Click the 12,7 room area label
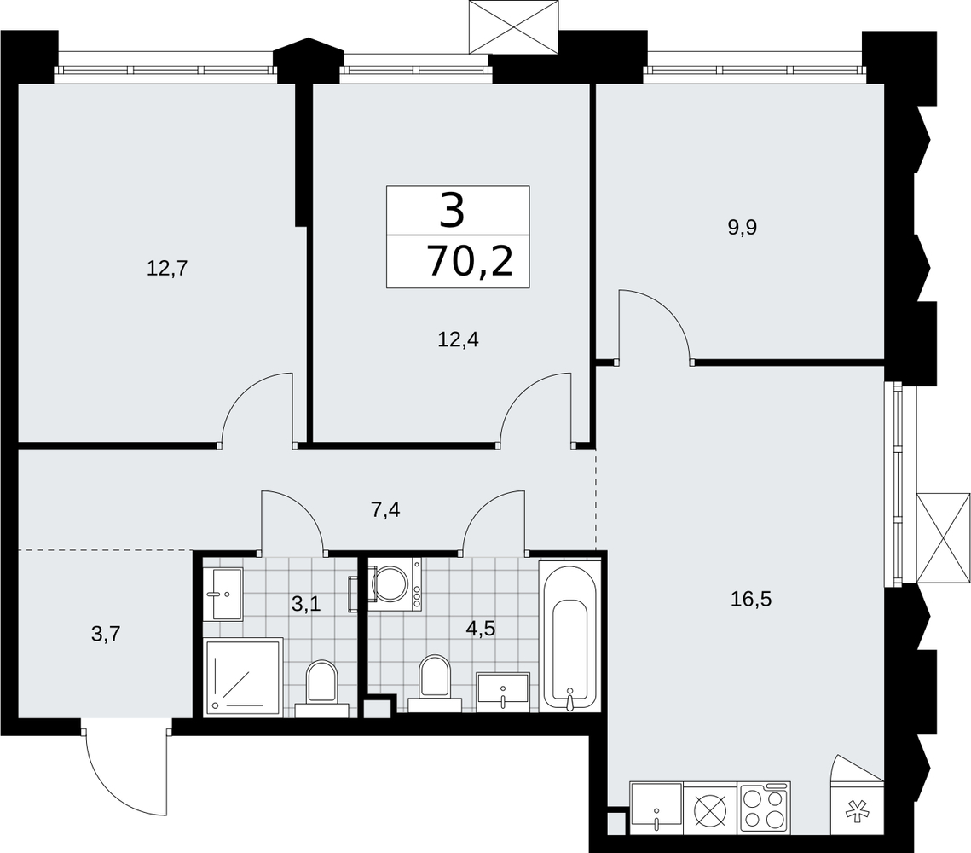coord(166,268)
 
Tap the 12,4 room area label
coord(459,339)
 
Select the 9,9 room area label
coord(743,228)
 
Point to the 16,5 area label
coord(751,599)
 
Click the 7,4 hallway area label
coord(385,510)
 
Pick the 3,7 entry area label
coord(105,634)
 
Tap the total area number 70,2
coord(470,262)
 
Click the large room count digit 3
coord(452,210)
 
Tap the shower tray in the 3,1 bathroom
coord(243,677)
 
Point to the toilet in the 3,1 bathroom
coord(321,688)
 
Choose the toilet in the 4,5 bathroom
coord(435,682)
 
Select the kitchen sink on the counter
coord(656,806)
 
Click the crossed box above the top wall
coord(514,27)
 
